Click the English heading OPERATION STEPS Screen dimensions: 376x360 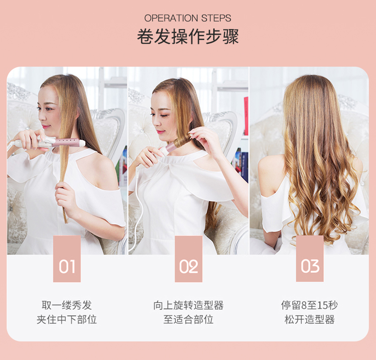point(188,18)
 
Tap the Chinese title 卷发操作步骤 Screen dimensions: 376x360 point(188,37)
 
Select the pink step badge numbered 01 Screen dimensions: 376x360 point(67,259)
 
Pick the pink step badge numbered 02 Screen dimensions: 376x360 point(188,259)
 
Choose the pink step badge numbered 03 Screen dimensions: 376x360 point(310,259)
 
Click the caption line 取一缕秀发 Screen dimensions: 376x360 point(67,305)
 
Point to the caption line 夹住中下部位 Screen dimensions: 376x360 point(67,320)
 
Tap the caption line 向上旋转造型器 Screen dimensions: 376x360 point(188,305)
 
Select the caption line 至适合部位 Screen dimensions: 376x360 point(188,320)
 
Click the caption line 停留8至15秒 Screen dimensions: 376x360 point(309,305)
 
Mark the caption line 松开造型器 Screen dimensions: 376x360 point(309,320)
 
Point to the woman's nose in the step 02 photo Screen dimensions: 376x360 point(156,121)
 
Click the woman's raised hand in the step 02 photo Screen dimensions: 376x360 point(202,139)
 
